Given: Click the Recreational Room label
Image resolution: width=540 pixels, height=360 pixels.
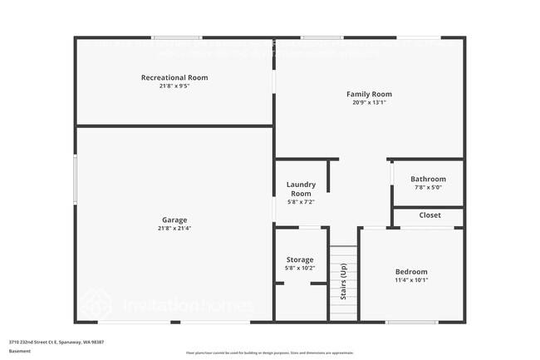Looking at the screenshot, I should click(174, 77).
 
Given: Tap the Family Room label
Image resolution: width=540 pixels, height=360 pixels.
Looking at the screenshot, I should click(369, 94).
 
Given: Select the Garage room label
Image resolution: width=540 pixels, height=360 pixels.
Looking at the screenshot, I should click(174, 220).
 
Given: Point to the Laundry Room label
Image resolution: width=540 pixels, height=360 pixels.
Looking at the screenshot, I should click(300, 189).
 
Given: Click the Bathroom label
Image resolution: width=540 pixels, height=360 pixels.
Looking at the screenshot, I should click(428, 179).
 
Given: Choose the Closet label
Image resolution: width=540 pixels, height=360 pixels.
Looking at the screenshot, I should click(430, 215).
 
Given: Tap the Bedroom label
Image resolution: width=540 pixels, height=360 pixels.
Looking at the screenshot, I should click(411, 272).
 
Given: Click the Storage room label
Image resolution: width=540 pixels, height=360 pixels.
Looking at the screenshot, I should click(300, 260).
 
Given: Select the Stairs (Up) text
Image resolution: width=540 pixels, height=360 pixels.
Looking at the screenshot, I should click(342, 281).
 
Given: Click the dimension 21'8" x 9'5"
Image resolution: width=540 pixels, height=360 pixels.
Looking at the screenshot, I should click(174, 86).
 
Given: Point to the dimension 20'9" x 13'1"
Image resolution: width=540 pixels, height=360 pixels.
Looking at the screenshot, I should click(369, 102).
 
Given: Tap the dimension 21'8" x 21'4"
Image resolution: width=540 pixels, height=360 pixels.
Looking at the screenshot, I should click(174, 229).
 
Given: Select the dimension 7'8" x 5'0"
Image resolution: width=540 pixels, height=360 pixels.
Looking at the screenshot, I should click(428, 187).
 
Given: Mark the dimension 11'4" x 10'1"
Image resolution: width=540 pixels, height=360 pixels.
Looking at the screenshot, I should click(411, 280).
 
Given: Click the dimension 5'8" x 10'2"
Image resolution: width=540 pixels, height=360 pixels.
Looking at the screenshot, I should click(300, 269).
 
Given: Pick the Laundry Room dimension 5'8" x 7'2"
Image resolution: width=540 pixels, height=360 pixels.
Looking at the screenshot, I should click(300, 202).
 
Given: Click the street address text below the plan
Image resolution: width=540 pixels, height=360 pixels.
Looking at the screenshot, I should click(56, 342).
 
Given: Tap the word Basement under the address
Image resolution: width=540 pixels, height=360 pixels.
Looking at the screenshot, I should click(20, 351).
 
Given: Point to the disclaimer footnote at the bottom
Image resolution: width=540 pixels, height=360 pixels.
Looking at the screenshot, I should click(269, 353).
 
